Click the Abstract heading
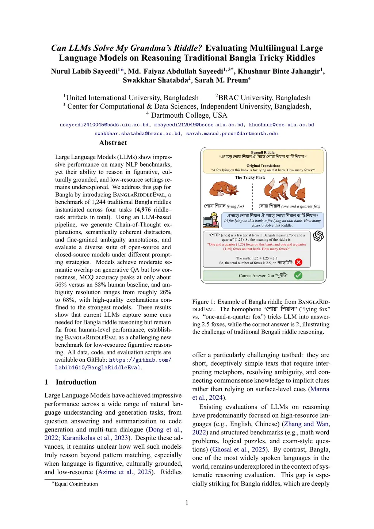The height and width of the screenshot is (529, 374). [x=113, y=143]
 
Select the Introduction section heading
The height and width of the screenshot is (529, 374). [x=76, y=382]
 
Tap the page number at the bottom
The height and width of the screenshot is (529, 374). [x=187, y=502]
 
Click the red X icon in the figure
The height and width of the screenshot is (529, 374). [x=298, y=262]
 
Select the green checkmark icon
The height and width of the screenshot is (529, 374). [x=298, y=275]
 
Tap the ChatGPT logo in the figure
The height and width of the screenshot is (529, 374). [x=318, y=236]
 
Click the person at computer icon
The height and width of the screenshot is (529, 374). [x=210, y=220]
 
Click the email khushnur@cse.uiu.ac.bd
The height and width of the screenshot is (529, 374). [x=281, y=125]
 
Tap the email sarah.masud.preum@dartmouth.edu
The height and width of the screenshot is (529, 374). [x=232, y=134]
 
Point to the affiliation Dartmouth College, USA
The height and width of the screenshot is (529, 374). [x=189, y=115]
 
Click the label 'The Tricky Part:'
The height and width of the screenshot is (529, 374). [x=250, y=178]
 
